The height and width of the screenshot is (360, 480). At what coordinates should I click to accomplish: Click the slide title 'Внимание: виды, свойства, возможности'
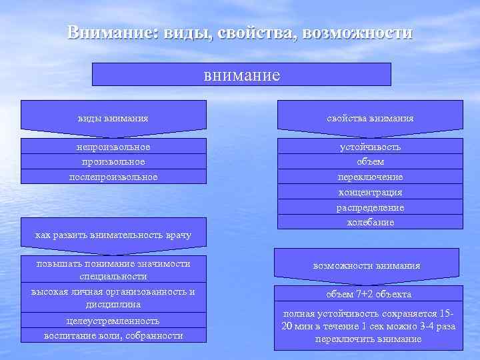240,33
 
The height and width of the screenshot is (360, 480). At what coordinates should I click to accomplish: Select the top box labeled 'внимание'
241,75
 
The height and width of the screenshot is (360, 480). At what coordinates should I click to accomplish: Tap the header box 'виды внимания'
113,118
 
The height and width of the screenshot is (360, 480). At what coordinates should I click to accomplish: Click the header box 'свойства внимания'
370,118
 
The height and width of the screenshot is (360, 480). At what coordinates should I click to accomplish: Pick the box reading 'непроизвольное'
113,147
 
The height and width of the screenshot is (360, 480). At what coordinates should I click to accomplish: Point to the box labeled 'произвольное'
113,161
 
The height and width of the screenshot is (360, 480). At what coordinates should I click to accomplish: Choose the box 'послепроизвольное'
113,177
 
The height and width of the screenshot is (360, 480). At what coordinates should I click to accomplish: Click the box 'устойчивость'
370,147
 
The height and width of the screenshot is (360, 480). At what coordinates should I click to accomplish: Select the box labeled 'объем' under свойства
370,161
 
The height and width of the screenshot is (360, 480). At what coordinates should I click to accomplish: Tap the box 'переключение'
370,177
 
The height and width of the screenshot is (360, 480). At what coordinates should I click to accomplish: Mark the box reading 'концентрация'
370,192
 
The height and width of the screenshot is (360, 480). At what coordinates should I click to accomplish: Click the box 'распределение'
370,207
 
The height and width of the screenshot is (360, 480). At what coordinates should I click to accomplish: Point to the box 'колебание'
370,222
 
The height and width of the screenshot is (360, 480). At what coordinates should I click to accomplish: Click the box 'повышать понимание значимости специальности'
113,269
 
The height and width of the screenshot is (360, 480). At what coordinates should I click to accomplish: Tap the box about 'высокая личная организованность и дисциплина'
113,297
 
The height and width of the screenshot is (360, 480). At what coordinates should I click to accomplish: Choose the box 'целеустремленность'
113,321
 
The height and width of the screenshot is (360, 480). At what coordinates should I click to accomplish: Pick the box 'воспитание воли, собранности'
113,335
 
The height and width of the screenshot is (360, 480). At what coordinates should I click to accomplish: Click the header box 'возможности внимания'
367,265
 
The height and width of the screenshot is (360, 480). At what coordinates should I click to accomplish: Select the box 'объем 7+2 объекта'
369,294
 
